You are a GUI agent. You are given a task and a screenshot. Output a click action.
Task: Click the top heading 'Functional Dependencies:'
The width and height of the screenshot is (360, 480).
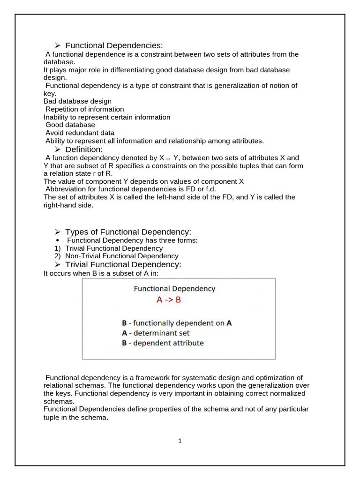point(114,45)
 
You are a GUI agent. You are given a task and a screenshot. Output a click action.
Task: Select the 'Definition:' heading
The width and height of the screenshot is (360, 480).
point(83,150)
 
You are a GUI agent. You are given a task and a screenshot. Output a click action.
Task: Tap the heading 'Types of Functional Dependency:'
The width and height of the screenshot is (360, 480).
point(128,232)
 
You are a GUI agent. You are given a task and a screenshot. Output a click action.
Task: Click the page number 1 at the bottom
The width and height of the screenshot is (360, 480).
point(180,441)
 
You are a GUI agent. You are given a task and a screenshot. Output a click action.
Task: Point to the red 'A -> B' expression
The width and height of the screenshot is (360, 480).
point(168,300)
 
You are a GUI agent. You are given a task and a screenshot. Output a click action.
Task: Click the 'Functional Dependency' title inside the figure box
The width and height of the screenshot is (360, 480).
point(174,289)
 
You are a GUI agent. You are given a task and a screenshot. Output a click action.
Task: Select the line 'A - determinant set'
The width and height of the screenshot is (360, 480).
point(155,333)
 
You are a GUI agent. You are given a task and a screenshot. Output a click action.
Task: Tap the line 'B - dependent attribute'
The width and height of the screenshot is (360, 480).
point(162,343)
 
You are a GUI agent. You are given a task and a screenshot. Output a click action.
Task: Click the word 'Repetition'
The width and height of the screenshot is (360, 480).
point(62,109)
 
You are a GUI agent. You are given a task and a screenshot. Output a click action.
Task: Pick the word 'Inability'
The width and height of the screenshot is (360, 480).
point(57,117)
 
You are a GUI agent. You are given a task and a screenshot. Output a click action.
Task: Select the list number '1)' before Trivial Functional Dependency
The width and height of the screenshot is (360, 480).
point(58,248)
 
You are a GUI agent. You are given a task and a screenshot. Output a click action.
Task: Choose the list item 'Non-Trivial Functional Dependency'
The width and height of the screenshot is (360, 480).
point(122,256)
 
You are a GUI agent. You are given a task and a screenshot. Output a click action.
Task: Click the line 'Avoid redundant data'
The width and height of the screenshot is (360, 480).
point(80,133)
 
